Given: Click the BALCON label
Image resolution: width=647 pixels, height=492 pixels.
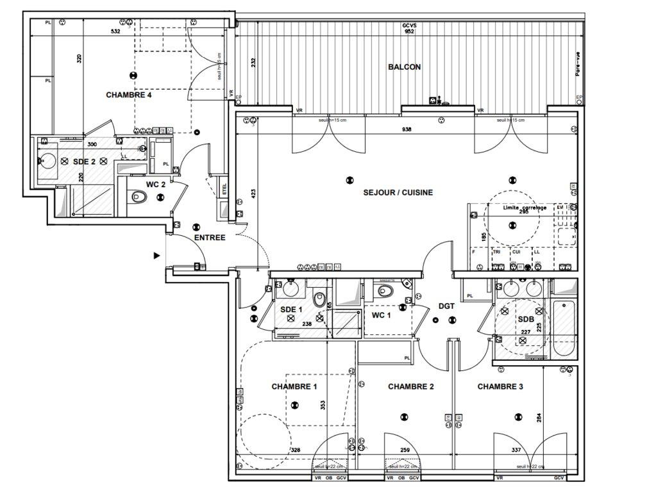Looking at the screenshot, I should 404,67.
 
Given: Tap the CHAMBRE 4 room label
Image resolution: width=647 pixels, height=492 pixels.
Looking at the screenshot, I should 129,95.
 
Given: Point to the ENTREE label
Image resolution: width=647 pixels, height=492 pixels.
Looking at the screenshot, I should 210,238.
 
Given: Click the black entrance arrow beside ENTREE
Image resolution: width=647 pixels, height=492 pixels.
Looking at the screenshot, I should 156,256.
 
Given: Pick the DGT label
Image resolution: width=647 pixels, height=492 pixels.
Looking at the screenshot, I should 446,306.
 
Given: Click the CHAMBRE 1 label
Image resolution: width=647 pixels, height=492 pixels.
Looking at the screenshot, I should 294,386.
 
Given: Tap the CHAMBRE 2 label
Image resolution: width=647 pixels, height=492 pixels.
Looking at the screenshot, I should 411,386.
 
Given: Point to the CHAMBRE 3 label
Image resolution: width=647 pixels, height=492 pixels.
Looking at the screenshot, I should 500,386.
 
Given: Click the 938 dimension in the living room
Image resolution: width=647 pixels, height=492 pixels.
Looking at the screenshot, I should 406,129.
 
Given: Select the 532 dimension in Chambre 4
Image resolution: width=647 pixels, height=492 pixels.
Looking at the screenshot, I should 116,31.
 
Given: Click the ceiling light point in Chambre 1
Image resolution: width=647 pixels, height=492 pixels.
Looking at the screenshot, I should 294,404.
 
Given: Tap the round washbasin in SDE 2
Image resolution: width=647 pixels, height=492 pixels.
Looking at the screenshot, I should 46,160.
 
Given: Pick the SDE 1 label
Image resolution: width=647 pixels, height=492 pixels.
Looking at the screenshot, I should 292,310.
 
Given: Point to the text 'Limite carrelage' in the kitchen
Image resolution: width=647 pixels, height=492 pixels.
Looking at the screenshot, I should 525,208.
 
